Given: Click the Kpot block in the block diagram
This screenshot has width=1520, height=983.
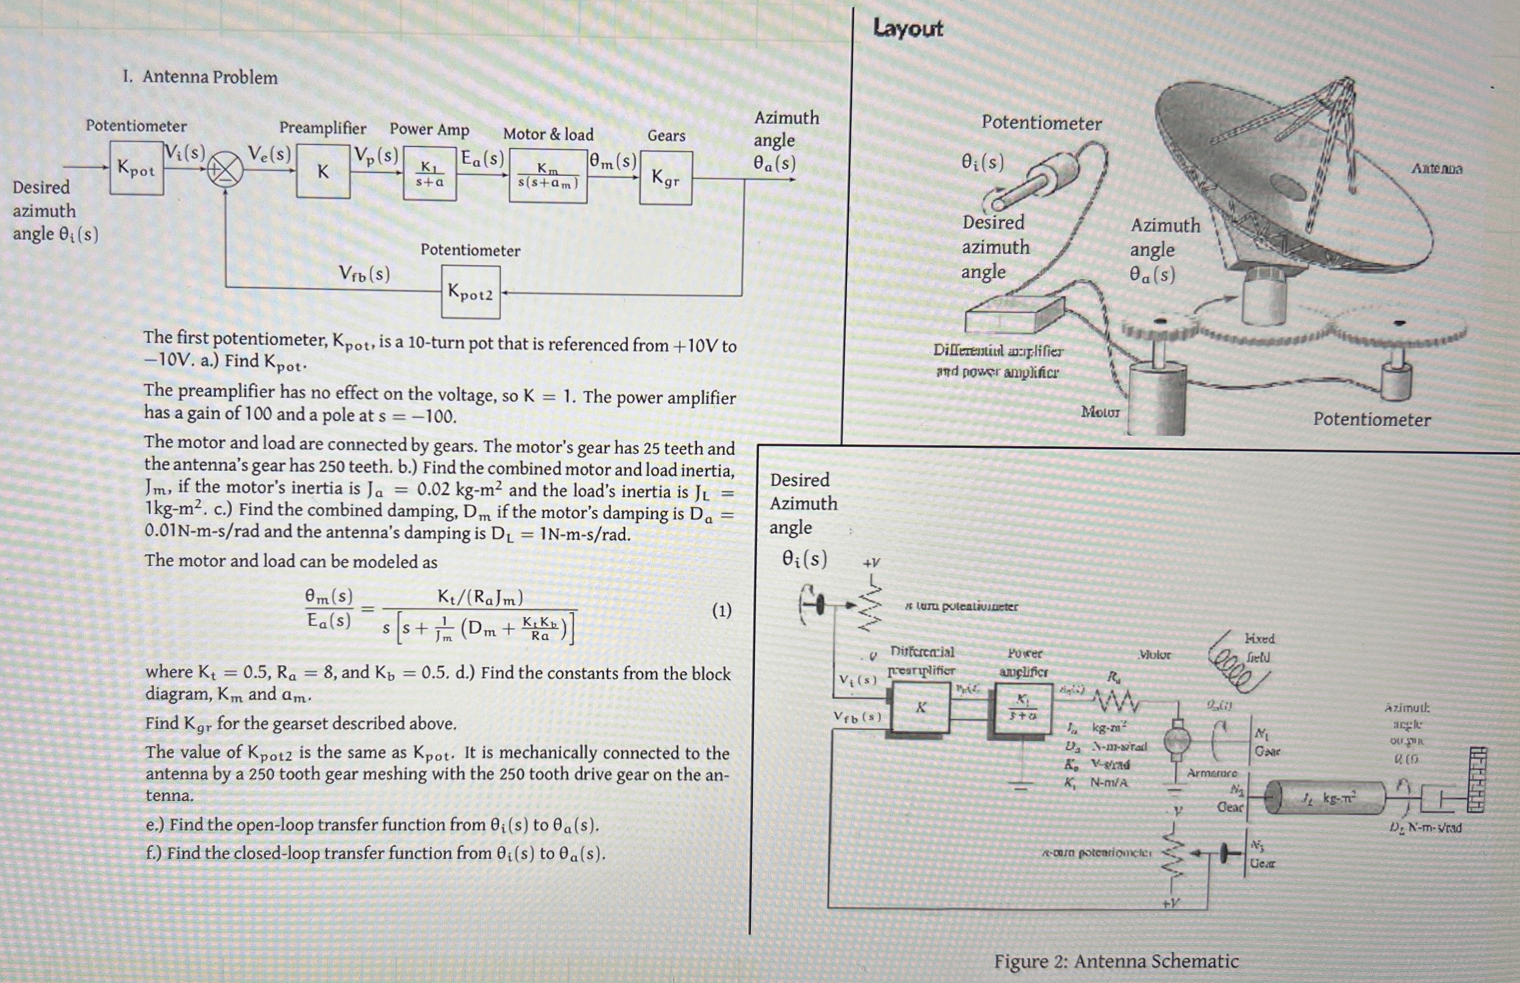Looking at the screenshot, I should tap(136, 169).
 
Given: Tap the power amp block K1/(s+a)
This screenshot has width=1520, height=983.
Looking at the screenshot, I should tap(429, 174).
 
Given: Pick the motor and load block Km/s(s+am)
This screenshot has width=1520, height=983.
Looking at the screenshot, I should tap(548, 176).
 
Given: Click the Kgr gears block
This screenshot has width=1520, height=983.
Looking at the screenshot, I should tap(665, 178).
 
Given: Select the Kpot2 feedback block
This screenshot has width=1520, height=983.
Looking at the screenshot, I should tap(471, 293).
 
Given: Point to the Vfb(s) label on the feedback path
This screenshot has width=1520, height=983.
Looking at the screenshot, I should tap(364, 274).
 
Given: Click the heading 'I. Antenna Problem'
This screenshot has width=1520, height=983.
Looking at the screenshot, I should tap(201, 77).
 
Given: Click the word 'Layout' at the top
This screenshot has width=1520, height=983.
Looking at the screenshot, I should tap(907, 28).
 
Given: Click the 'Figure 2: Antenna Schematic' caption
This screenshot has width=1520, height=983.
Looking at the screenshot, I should tap(1116, 961).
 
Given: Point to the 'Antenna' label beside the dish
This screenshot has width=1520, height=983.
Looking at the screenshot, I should tap(1436, 169).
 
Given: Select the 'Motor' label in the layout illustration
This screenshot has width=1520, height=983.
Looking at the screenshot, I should tap(1100, 412).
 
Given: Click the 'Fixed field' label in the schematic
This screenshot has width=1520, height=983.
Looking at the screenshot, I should tap(1259, 647).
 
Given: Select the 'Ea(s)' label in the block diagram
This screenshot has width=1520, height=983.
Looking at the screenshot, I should tap(482, 158).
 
